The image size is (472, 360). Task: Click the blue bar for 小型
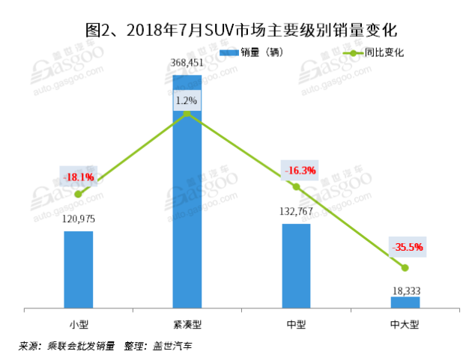[x=79, y=269]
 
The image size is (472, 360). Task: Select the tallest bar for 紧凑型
[x=187, y=191]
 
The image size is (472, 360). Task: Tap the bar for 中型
[x=296, y=266]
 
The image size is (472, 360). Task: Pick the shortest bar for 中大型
[x=405, y=302]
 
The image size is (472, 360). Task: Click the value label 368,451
[x=187, y=64]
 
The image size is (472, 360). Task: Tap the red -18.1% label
[x=79, y=177]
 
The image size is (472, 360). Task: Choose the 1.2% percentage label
[x=187, y=100]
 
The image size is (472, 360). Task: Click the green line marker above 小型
[x=79, y=194]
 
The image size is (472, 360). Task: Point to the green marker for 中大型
[x=405, y=267]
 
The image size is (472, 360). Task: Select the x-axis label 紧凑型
[x=187, y=324]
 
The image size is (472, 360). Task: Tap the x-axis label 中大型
[x=405, y=324]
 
